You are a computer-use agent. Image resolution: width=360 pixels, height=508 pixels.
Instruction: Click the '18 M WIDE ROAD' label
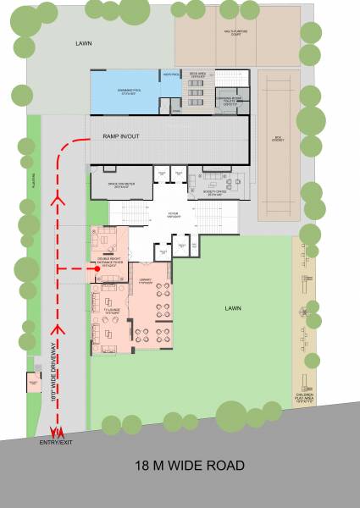pos(190,465)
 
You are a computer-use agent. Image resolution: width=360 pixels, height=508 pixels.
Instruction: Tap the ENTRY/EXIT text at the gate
pos(57,442)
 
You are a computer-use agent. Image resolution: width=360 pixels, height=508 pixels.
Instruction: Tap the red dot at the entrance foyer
pos(97,268)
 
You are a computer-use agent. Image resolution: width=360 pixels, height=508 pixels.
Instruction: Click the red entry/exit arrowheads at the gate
pos(57,433)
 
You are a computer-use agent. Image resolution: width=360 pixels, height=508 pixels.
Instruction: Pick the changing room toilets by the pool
pos(230,102)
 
